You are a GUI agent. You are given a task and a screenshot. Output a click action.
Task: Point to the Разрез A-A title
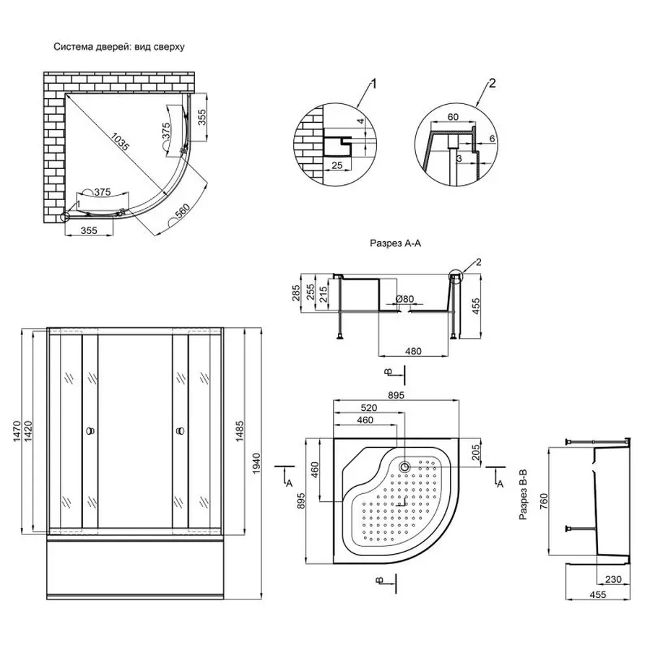[394, 245]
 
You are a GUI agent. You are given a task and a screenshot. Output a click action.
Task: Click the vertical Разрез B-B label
[527, 495]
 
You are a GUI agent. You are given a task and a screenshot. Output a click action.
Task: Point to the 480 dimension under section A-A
[412, 352]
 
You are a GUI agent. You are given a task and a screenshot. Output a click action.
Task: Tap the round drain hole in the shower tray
[404, 466]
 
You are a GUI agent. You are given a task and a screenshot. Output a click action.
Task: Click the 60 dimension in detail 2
[453, 116]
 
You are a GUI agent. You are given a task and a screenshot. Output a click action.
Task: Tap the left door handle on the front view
[90, 431]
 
